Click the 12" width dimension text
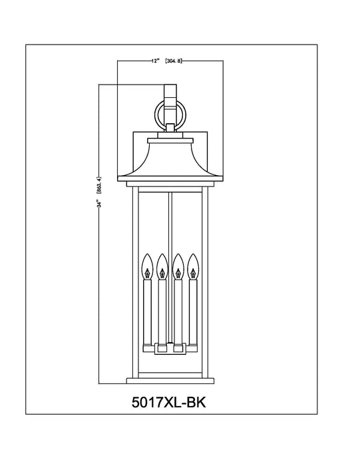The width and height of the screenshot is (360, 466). pyautogui.click(x=154, y=61)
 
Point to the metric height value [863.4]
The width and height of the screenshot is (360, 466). pyautogui.click(x=98, y=187)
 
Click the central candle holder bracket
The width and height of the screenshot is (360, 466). pyautogui.click(x=170, y=347)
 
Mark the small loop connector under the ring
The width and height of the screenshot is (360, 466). pyautogui.click(x=172, y=126)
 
